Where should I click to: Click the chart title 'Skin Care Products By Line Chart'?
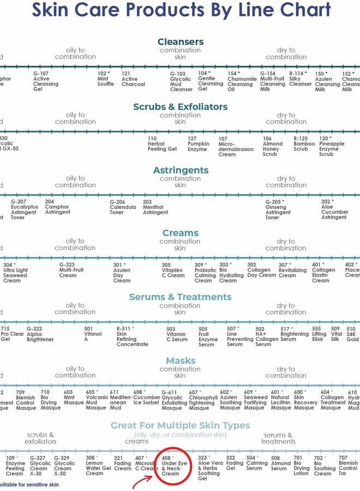[x=181, y=10]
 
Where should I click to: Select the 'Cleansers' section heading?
[x=181, y=42]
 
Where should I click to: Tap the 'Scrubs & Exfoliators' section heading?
[x=181, y=107]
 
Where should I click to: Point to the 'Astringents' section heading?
[x=181, y=170]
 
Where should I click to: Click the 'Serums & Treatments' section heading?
[x=181, y=297]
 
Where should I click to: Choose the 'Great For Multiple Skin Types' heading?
[x=181, y=425]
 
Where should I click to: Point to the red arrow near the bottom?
[x=143, y=481]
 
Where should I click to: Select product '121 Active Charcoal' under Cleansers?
[x=133, y=79]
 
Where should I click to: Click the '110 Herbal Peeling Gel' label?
[x=162, y=144]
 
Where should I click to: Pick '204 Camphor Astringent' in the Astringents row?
[x=57, y=207]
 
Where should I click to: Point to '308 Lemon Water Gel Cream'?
[x=98, y=465]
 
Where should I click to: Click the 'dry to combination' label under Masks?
[x=286, y=372]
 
